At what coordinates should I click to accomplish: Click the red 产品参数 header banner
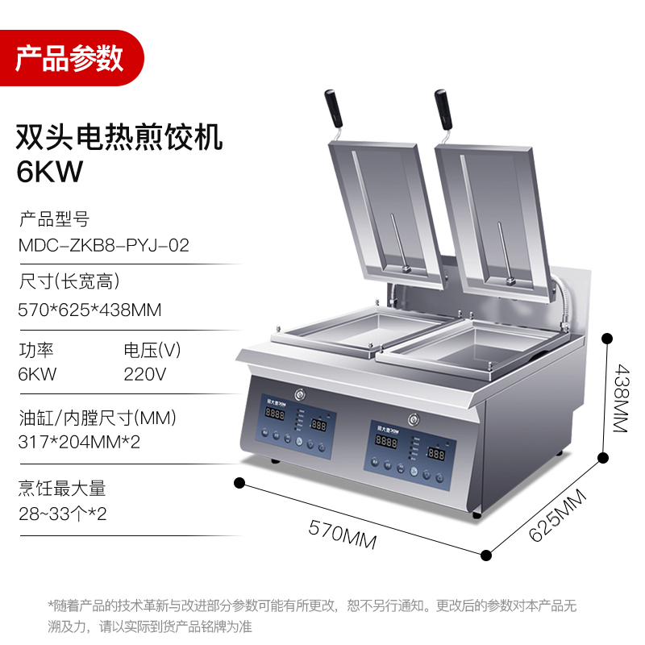[70, 58]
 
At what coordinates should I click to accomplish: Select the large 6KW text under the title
[50, 172]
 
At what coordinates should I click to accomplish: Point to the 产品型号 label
[53, 219]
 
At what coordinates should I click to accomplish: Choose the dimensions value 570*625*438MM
[89, 310]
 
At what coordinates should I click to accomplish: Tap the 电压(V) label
[152, 351]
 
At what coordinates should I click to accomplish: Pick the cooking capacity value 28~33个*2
[62, 514]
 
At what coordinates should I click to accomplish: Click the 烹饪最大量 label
[62, 489]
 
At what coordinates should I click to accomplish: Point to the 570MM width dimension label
[343, 534]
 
